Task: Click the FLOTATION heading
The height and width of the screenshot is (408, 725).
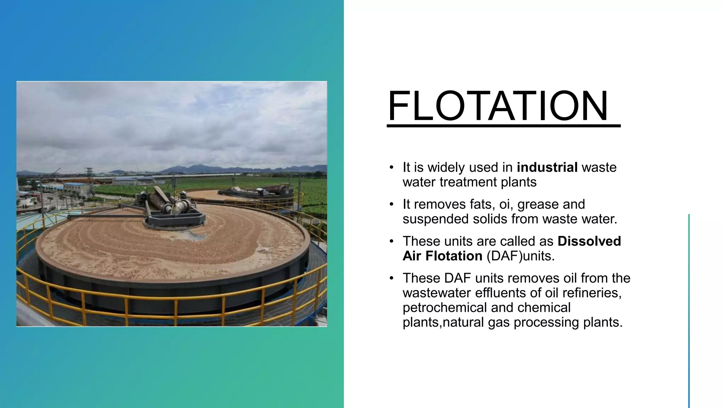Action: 498,106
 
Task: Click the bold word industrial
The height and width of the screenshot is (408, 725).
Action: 547,167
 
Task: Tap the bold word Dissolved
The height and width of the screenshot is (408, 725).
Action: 589,241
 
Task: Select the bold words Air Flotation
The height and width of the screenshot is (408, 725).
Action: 442,256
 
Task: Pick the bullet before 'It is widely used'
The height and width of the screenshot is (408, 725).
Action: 391,168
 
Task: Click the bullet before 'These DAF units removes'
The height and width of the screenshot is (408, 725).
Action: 391,278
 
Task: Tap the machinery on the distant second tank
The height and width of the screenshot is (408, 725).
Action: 258,191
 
